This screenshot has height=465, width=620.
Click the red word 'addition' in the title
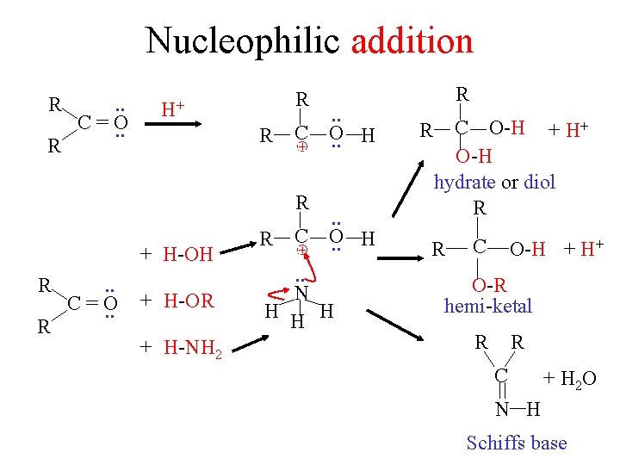(412, 40)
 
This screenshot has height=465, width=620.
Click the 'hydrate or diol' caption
(494, 182)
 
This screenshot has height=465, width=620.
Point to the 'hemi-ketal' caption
(487, 305)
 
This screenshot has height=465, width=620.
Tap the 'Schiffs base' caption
(516, 443)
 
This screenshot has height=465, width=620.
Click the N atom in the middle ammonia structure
(301, 294)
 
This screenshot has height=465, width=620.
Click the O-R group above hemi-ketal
(488, 286)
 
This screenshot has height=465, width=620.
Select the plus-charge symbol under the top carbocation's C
(301, 147)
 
